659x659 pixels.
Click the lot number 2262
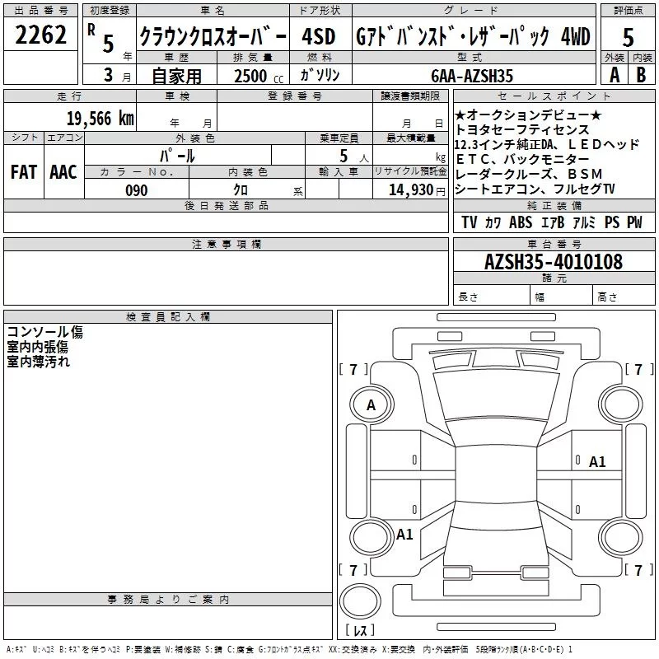point(41,35)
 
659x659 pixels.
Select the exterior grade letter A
point(614,74)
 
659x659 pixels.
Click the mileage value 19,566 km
point(100,118)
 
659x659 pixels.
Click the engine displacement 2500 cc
point(251,76)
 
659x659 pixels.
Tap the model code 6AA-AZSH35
point(472,76)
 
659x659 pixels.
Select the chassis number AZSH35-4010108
point(553,262)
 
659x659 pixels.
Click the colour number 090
point(136,190)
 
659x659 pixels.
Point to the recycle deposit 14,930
point(409,190)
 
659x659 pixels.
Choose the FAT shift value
point(24,172)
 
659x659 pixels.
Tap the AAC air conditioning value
point(63,172)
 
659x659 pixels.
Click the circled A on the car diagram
point(371,405)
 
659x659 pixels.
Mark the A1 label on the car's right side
point(597,462)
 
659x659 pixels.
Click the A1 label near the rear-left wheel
point(404,535)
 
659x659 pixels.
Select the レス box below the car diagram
point(360,631)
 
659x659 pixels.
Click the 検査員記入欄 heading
point(168,317)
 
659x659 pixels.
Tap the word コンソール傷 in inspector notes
point(44,332)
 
